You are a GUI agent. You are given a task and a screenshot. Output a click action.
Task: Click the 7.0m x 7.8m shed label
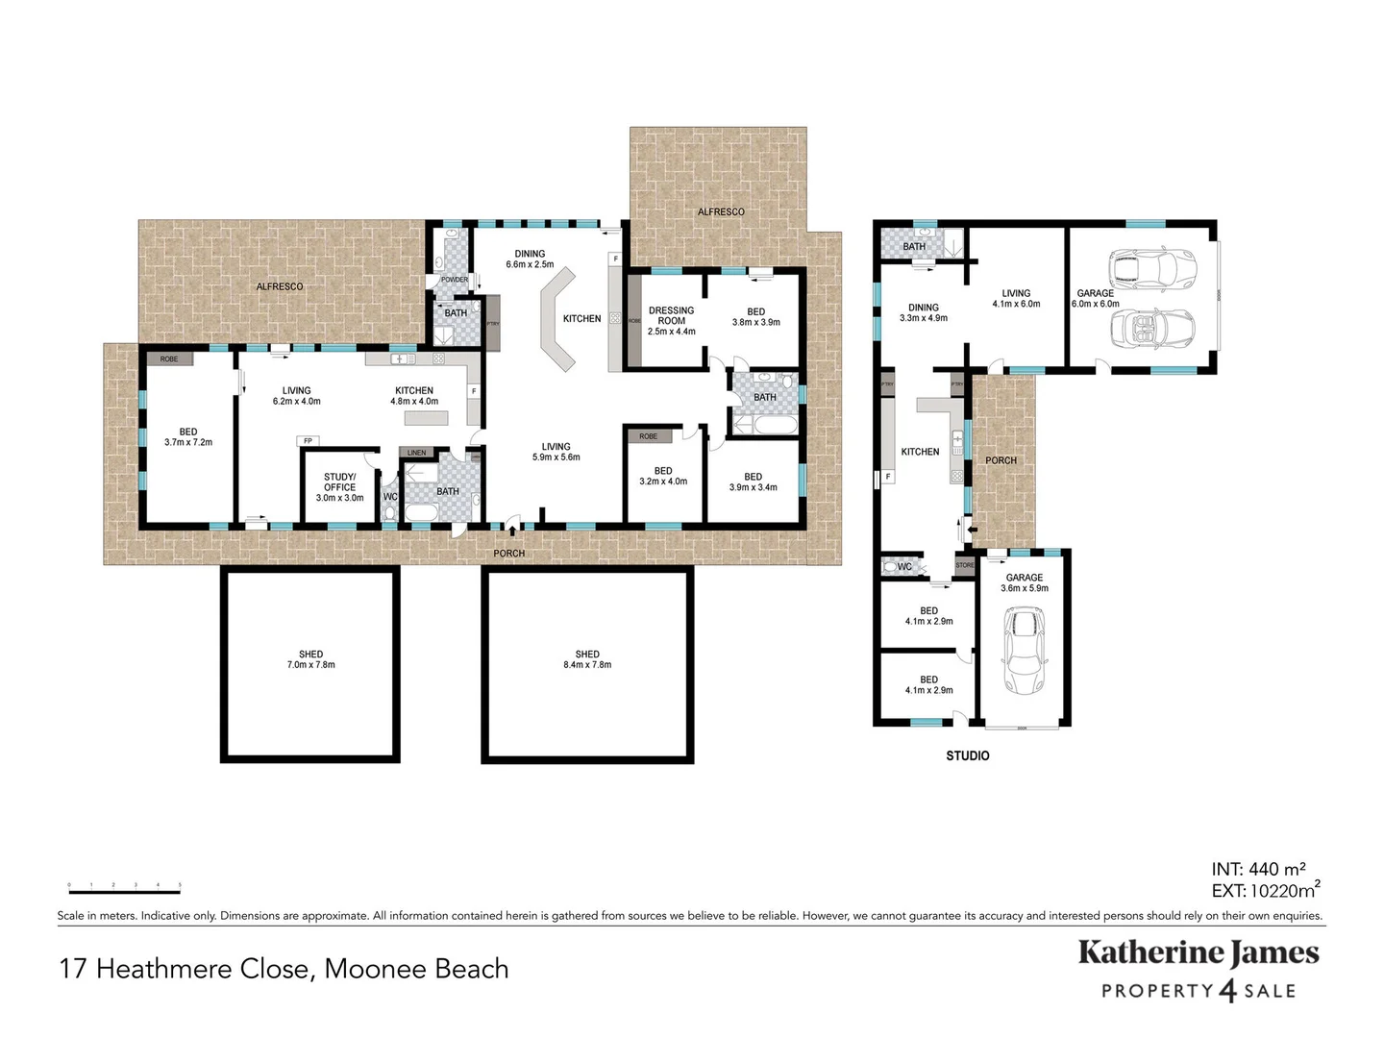pos(310,659)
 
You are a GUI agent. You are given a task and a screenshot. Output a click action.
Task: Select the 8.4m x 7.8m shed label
pos(587,659)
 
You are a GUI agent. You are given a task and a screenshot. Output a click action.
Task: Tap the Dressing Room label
pos(671,321)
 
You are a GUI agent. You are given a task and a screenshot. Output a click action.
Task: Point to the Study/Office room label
pos(339,487)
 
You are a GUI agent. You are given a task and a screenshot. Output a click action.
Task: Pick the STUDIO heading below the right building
pos(967,756)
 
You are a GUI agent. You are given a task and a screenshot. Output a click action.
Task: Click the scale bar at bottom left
pos(124,888)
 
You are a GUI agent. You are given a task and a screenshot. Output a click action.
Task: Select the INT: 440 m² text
pos(1258,870)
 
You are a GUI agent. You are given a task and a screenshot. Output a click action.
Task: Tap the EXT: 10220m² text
pos(1266,891)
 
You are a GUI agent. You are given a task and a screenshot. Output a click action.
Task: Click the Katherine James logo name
pos(1199,953)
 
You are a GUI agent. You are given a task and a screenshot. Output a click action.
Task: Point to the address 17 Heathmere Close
pos(284,969)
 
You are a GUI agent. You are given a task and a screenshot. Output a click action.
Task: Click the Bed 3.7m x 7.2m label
pos(188,437)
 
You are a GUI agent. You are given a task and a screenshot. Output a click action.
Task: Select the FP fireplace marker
pos(309,441)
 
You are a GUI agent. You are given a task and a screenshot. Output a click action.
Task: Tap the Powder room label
pos(455,280)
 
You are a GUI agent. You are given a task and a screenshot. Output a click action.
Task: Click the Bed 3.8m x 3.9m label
pos(756,317)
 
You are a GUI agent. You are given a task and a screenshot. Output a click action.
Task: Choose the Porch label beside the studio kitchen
pos(1001,460)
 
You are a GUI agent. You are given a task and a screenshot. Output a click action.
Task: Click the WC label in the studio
pos(904,567)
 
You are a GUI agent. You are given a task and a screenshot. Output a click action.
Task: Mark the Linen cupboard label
pos(416,453)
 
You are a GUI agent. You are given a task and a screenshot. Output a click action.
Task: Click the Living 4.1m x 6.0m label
pos(1016,299)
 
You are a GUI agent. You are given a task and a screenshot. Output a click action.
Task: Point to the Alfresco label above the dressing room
pos(721,211)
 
